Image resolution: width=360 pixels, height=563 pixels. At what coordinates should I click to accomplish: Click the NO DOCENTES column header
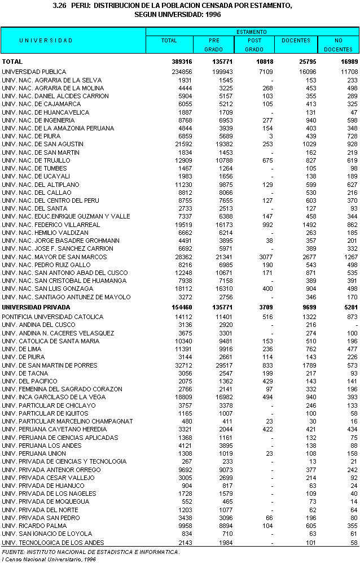(x=338, y=45)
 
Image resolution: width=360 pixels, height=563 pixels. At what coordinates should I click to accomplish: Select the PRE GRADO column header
(x=214, y=45)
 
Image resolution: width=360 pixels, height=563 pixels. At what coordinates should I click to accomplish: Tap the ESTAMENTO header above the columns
(x=252, y=32)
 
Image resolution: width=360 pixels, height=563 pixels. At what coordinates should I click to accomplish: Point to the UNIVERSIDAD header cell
(x=46, y=41)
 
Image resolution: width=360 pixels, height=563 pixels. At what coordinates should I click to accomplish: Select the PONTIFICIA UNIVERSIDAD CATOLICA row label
(x=52, y=317)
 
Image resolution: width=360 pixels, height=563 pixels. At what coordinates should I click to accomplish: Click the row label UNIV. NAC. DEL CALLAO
(x=37, y=193)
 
